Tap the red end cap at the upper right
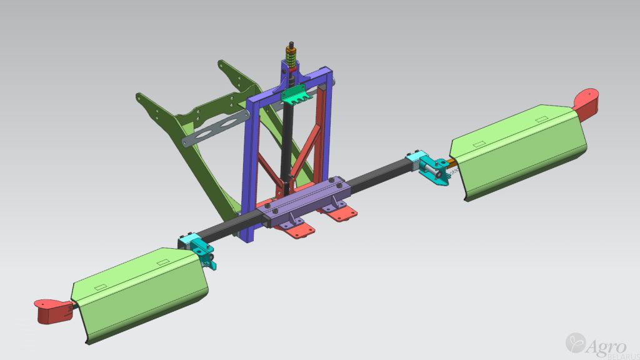tap(586, 104)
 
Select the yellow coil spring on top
tap(291, 57)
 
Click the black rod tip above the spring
tap(291, 44)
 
